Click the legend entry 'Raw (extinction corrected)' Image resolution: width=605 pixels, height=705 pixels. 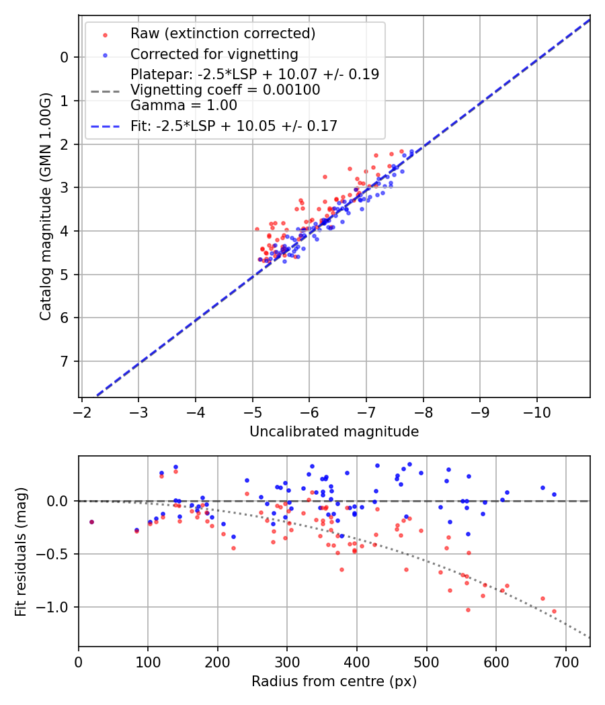pos(223,34)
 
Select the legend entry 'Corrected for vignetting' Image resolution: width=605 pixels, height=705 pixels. pos(214,54)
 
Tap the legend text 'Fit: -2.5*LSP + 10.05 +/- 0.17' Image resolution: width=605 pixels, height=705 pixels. pos(233,126)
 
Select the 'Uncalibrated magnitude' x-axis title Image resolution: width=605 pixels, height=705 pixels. pos(334,432)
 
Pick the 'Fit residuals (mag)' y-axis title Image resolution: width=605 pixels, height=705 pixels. pos(20,551)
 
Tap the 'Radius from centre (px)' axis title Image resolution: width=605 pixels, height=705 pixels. pos(334,681)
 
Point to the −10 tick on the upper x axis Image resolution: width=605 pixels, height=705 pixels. pos(536,409)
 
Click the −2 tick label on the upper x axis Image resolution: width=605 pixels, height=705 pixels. pos(81,409)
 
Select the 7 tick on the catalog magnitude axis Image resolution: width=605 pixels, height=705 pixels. pos(64,361)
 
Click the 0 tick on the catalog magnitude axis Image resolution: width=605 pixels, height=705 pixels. pos(64,57)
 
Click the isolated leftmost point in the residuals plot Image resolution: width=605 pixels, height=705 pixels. pos(91,522)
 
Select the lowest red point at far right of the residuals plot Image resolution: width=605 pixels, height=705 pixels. pos(554,611)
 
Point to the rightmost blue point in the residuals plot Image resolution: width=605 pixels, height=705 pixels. pos(554,494)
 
